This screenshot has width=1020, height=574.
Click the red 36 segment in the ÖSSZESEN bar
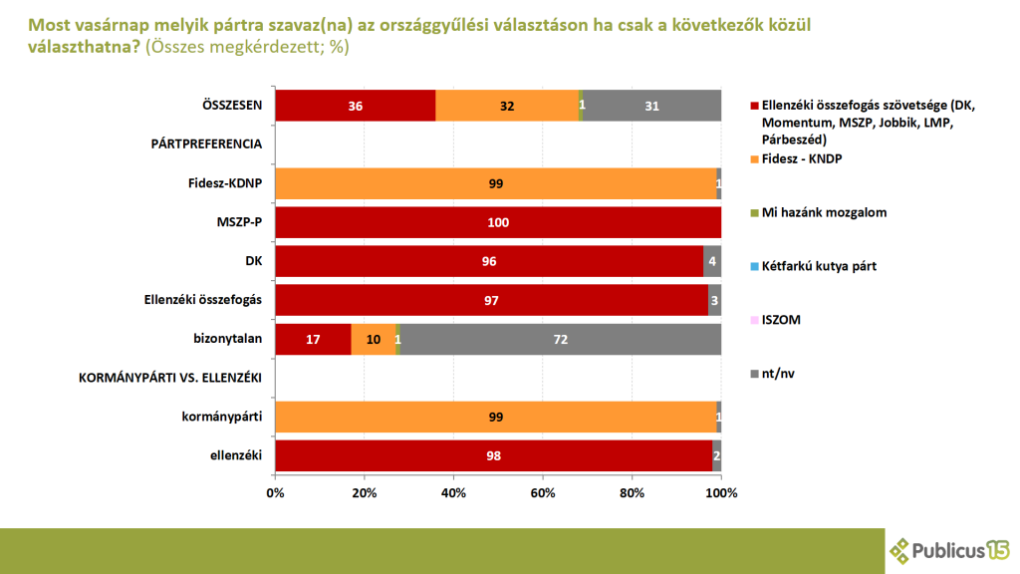(355, 106)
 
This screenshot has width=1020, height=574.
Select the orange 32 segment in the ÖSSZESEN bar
(506, 106)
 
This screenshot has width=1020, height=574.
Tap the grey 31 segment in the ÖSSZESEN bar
(651, 106)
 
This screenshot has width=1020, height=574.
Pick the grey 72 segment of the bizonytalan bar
(560, 339)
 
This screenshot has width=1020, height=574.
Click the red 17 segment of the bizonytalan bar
(313, 339)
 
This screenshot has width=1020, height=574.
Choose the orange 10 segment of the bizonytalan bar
(373, 339)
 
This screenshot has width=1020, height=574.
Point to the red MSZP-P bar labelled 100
(497, 222)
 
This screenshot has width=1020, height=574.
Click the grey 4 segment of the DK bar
(711, 261)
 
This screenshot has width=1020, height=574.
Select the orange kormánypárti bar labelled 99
(495, 417)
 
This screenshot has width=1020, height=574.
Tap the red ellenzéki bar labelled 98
(494, 455)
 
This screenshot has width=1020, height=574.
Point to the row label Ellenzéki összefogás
(203, 300)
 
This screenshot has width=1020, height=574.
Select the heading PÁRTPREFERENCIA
(206, 144)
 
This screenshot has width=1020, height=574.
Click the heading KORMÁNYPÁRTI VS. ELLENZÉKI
(170, 378)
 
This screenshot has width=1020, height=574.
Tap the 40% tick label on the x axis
(453, 493)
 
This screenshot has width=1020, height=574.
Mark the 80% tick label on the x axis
(632, 493)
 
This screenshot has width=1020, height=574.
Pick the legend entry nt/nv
(778, 374)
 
